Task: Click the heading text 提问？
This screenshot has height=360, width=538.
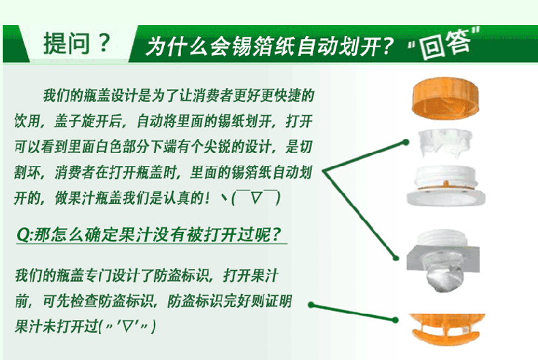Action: pos(77,43)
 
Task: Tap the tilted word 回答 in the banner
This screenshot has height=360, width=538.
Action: pos(445,44)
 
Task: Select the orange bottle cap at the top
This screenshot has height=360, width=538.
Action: pos(445,98)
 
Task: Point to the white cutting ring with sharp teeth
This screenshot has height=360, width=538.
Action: pos(445,143)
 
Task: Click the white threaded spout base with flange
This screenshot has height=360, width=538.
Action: pos(445,186)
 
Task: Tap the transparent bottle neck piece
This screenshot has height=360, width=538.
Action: pos(443,260)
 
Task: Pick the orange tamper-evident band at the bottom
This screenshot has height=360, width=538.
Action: pos(447,329)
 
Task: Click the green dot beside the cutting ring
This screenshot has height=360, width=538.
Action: pos(406,142)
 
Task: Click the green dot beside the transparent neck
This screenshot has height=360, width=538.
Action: pos(396,257)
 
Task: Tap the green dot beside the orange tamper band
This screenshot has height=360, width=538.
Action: pos(395,320)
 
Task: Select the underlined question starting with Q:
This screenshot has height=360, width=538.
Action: pos(149,235)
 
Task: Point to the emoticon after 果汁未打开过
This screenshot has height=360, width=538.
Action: pos(127,326)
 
